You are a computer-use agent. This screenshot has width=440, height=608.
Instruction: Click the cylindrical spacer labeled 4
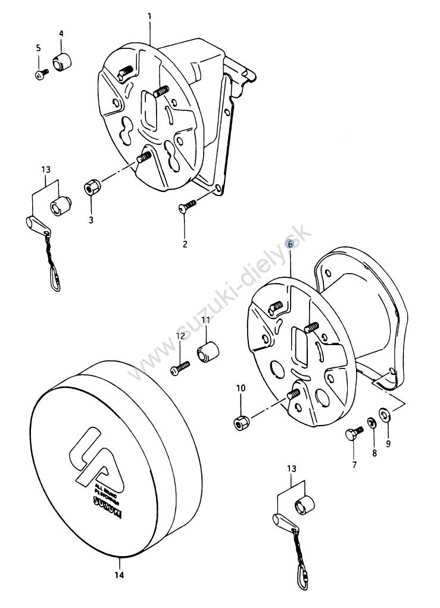click(62, 61)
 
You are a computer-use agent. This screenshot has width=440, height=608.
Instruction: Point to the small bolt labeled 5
click(40, 74)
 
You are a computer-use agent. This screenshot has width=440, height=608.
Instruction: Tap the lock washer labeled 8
click(370, 423)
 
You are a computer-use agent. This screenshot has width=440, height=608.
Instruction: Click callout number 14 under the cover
click(119, 575)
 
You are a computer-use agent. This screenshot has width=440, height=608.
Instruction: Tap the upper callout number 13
click(46, 169)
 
